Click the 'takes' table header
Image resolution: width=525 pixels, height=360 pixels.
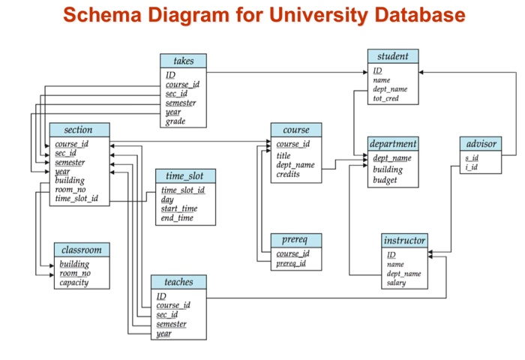pyautogui.click(x=183, y=61)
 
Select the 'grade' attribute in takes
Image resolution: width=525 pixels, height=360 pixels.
pyautogui.click(x=175, y=121)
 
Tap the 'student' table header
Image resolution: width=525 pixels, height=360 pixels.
pyautogui.click(x=393, y=56)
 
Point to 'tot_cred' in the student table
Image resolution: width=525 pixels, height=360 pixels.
pyautogui.click(x=386, y=98)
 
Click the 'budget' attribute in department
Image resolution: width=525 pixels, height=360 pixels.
pyautogui.click(x=385, y=180)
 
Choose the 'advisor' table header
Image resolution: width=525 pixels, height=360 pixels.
pyautogui.click(x=481, y=143)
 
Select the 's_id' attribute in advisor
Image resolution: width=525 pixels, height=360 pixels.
pyautogui.click(x=471, y=157)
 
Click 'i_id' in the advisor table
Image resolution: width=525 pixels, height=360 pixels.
pyautogui.click(x=470, y=166)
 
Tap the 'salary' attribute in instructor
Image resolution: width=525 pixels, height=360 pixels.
pyautogui.click(x=396, y=283)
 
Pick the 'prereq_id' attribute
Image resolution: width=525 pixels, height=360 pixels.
pyautogui.click(x=291, y=263)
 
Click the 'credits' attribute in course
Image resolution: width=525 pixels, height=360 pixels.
pyautogui.click(x=288, y=174)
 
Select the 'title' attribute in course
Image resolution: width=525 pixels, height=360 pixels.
pyautogui.click(x=283, y=155)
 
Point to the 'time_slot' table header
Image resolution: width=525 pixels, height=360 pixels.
pyautogui.click(x=185, y=176)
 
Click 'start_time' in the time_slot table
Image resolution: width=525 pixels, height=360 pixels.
pyautogui.click(x=179, y=208)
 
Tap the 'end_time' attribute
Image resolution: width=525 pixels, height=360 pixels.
pyautogui.click(x=177, y=218)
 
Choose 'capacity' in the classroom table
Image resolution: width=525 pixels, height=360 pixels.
pyautogui.click(x=74, y=283)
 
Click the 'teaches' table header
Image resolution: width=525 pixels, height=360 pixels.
pyautogui.click(x=178, y=283)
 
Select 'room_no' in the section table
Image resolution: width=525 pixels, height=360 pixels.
pyautogui.click(x=71, y=190)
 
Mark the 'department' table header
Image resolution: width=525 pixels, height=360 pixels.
pyautogui.click(x=393, y=143)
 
